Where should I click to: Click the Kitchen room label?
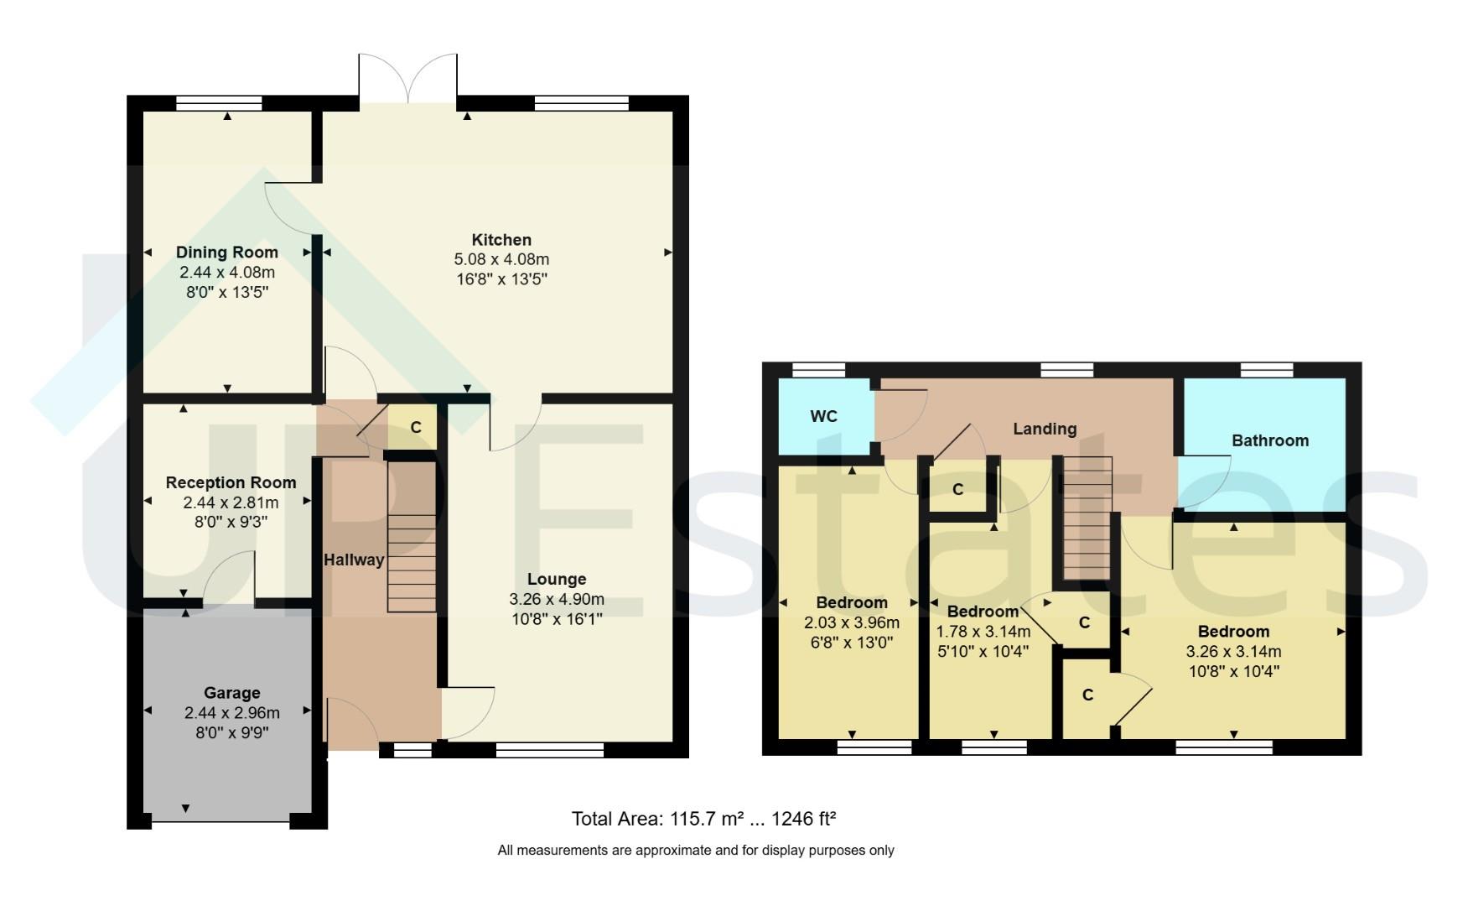(501, 240)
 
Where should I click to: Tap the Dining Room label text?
(227, 253)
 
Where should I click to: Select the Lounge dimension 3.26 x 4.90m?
(556, 600)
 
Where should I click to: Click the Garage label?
(232, 693)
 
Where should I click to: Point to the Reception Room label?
(231, 482)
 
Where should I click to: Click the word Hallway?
(354, 560)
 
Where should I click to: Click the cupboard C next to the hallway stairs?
(415, 428)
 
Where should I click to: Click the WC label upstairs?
(823, 417)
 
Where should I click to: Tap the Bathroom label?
(1269, 440)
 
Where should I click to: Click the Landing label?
(1045, 429)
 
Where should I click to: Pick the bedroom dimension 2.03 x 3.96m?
(851, 623)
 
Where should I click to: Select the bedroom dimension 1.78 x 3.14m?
(983, 631)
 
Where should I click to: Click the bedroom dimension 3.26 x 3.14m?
(1233, 652)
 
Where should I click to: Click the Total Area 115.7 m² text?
(704, 819)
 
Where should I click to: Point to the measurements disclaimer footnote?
(696, 851)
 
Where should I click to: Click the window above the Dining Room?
(219, 103)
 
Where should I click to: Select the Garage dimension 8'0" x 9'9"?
(232, 732)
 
